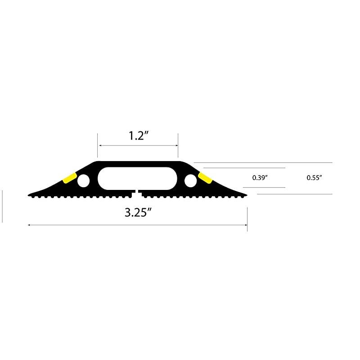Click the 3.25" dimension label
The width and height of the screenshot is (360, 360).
tap(137, 213)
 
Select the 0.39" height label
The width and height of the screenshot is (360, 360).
tap(261, 178)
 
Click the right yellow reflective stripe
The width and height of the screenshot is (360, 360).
tap(205, 178)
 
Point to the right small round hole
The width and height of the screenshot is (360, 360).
tap(190, 181)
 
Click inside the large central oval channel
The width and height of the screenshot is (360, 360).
tap(137, 179)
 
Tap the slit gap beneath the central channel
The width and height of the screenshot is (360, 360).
tap(138, 193)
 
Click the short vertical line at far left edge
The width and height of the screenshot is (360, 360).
tap(3, 206)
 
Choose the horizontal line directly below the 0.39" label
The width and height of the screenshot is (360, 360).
tap(264, 187)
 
